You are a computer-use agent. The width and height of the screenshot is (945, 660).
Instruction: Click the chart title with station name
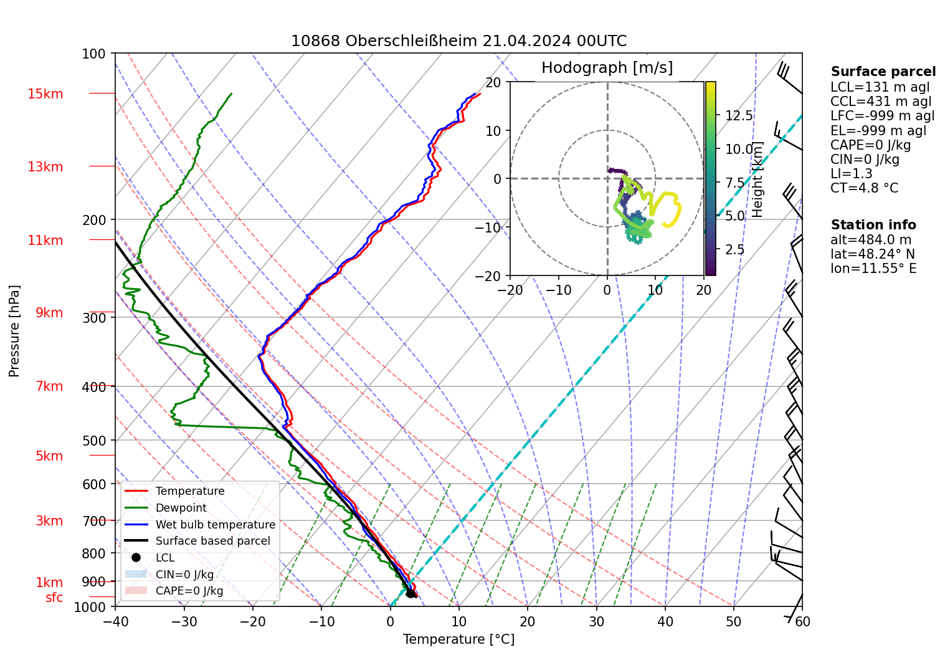[458, 41]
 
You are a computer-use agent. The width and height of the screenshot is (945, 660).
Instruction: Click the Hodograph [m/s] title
[607, 68]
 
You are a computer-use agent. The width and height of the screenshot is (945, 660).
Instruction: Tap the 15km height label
[45, 94]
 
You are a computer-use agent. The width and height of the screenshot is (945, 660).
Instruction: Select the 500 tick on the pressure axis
[94, 441]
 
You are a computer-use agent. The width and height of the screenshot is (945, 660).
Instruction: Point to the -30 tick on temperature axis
[184, 621]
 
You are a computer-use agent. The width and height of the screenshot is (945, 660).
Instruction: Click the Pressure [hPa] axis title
[14, 331]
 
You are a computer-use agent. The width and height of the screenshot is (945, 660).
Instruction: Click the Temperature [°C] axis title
[458, 639]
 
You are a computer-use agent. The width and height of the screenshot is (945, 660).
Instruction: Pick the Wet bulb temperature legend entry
[215, 525]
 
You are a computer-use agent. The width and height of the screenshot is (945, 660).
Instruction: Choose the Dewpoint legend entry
[181, 508]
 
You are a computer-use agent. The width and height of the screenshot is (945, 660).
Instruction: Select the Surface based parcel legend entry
[212, 541]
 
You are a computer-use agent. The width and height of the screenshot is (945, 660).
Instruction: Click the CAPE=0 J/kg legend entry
[189, 591]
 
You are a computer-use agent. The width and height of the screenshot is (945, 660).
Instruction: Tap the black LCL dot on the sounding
[411, 593]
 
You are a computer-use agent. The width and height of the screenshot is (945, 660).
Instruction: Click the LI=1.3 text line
[851, 174]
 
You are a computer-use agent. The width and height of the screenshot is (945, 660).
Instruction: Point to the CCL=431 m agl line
[881, 102]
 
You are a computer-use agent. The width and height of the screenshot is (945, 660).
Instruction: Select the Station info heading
[873, 225]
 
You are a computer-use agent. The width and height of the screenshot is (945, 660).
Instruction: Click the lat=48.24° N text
[872, 254]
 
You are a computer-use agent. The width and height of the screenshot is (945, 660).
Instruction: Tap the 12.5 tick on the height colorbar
[739, 116]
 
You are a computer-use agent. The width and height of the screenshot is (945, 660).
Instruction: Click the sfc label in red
[54, 598]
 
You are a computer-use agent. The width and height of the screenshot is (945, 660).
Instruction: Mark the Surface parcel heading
[883, 72]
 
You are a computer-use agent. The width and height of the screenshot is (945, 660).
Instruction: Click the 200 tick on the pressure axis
[94, 220]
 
